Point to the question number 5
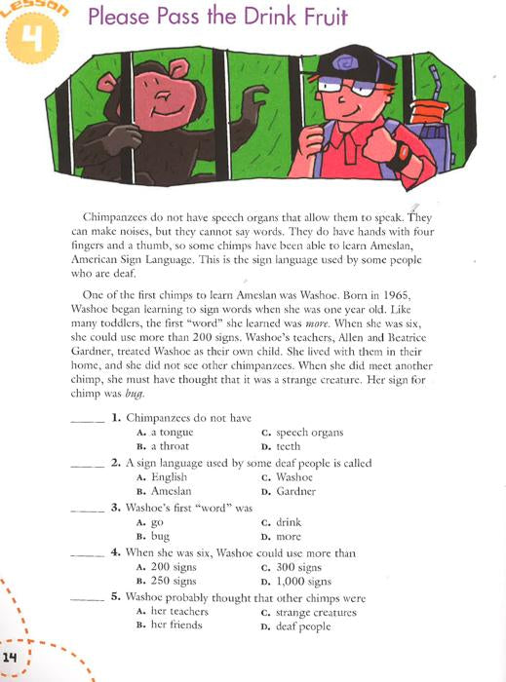(x=115, y=597)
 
